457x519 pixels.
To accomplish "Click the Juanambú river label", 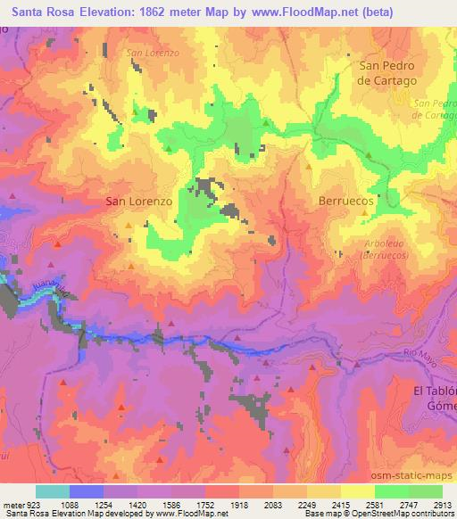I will point(50,290).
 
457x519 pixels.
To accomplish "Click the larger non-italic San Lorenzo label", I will point(138,202).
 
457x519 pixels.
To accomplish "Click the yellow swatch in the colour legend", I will point(357,491).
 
